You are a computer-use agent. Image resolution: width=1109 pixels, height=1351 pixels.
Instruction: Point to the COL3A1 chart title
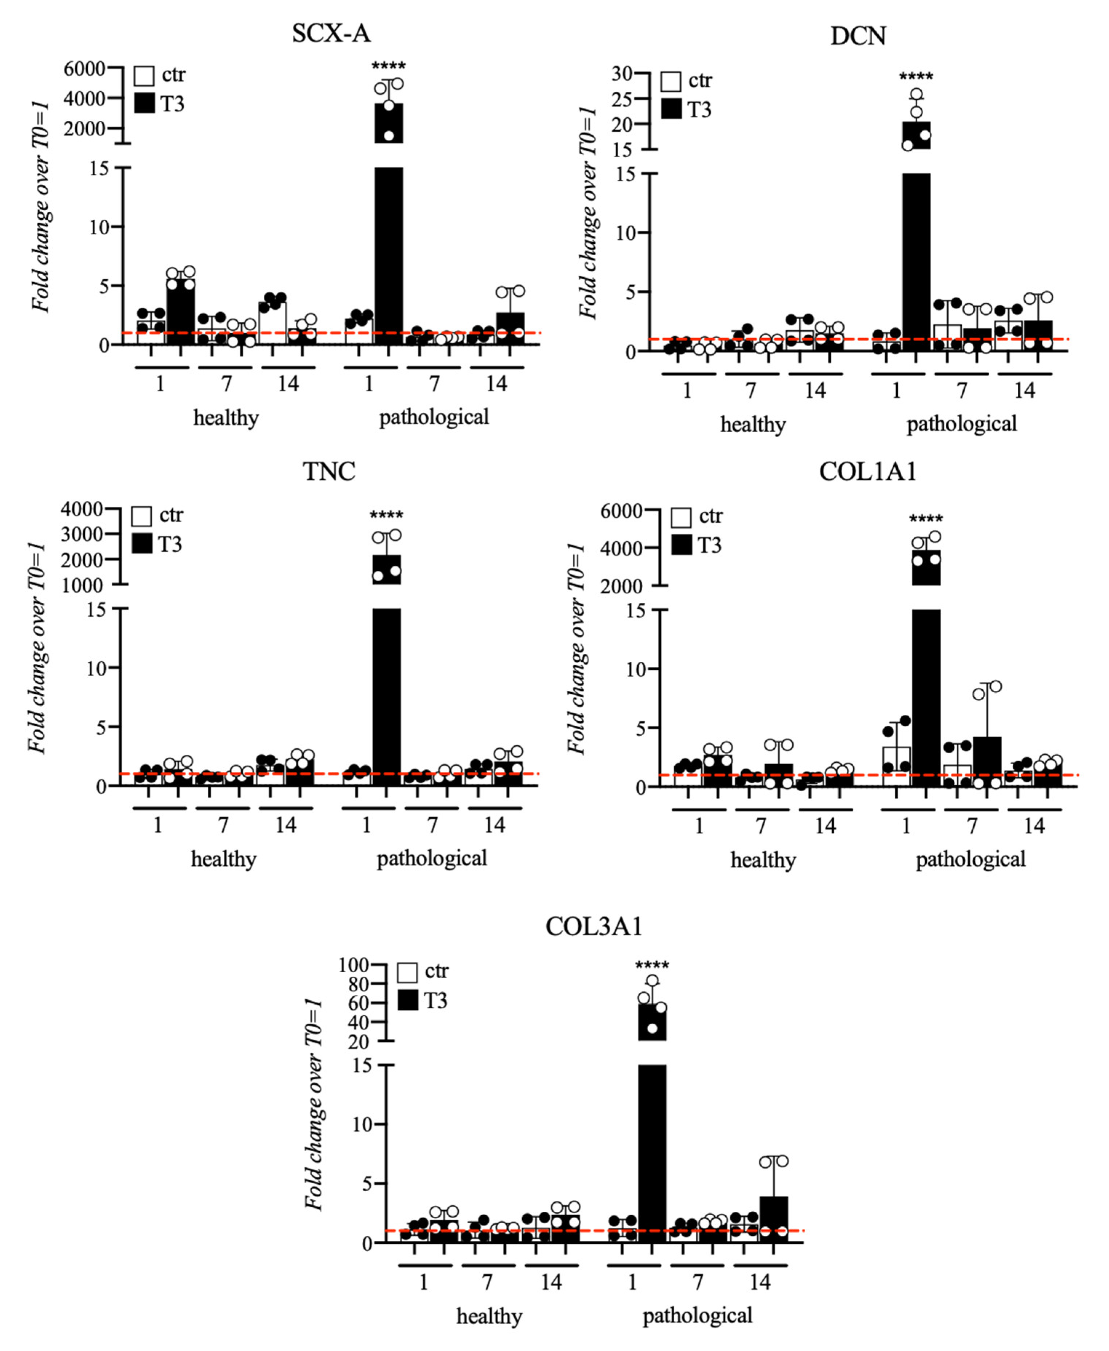click(594, 926)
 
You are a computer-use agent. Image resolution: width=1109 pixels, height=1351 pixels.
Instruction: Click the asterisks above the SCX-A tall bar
click(388, 66)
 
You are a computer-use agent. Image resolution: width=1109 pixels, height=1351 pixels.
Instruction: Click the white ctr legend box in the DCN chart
click(671, 81)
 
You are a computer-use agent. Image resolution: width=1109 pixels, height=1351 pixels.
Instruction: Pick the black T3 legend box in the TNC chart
click(142, 544)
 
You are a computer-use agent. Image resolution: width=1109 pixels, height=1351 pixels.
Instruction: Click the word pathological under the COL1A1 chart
click(970, 859)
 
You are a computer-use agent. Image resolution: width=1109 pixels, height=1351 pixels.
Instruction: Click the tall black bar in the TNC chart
click(387, 696)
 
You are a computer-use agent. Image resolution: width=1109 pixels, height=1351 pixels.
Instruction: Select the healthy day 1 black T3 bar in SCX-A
click(180, 313)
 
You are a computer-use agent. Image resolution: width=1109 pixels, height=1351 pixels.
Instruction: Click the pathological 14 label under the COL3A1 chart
click(760, 1282)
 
